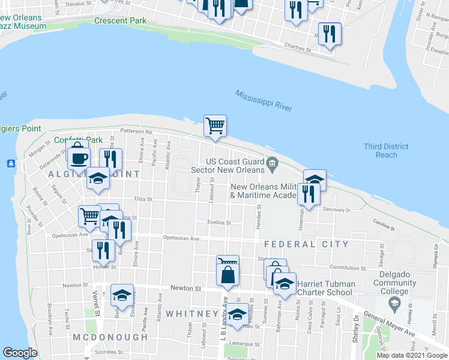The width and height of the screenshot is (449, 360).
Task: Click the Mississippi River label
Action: (264, 101)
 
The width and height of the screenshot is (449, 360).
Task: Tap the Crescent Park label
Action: (120, 20)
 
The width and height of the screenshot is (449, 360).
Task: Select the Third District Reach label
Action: (386, 151)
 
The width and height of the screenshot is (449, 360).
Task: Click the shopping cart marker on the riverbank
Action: (215, 125)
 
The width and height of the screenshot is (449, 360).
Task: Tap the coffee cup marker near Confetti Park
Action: (78, 158)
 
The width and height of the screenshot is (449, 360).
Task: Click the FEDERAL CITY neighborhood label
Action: (306, 244)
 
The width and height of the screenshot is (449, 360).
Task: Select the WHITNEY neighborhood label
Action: (192, 314)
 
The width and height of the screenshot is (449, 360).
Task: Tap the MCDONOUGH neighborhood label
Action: (110, 337)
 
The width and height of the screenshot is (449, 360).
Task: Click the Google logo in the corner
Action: (20, 353)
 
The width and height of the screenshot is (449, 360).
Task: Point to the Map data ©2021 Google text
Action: (412, 355)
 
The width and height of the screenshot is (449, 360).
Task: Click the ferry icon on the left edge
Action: (11, 163)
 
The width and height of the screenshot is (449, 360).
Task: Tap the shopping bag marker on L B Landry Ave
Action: (228, 275)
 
